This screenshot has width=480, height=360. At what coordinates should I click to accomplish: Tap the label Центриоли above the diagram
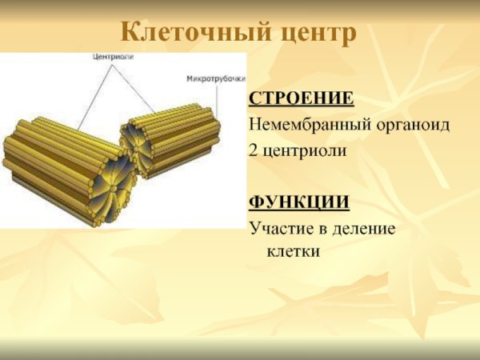coord(112,58)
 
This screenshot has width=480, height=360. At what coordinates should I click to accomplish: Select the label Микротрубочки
coord(215,79)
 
